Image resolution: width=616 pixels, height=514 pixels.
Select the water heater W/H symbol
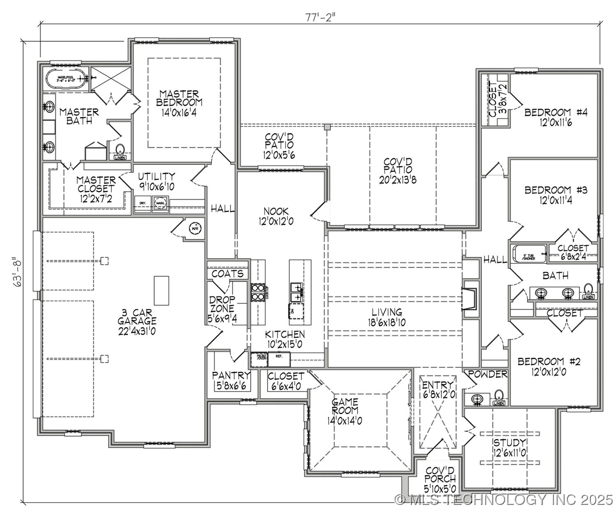click(194, 228)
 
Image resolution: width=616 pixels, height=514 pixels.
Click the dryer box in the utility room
click(143, 203)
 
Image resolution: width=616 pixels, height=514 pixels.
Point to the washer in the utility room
click(160, 203)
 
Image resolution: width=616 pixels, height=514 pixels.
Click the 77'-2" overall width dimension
click(317, 17)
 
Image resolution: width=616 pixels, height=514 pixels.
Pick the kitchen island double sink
click(296, 291)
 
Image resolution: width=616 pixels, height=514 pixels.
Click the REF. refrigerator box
click(279, 359)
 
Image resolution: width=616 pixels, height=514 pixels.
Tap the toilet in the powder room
click(499, 396)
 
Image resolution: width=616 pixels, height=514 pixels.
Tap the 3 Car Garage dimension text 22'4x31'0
click(137, 330)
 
